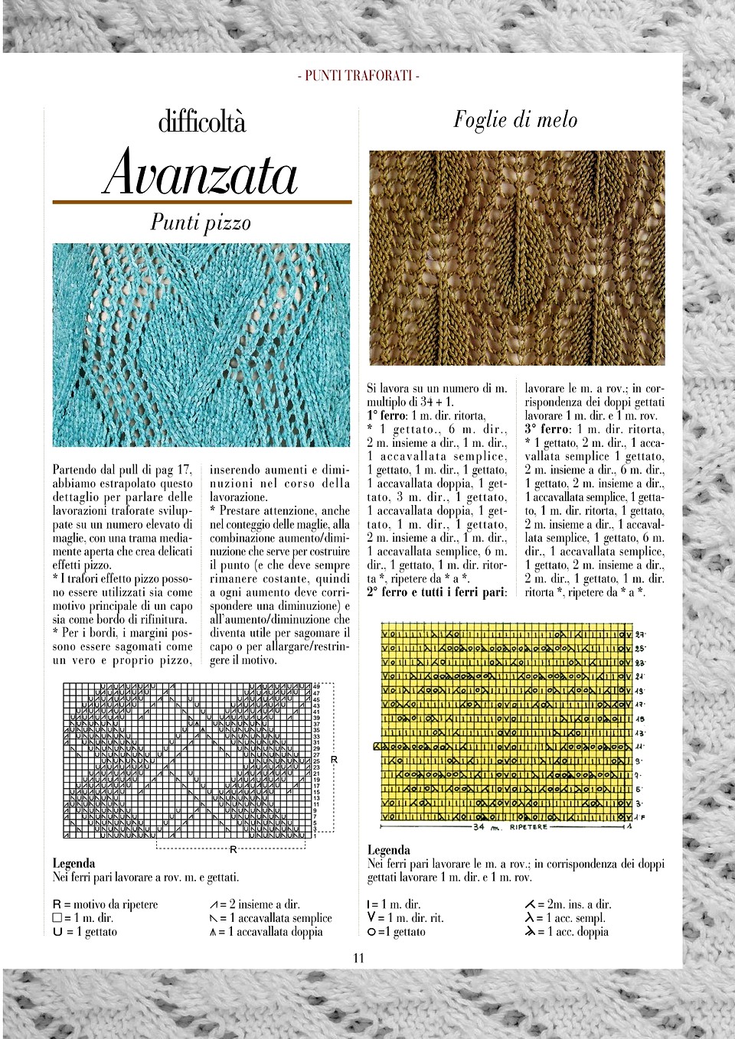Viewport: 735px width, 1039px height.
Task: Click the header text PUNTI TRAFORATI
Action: coord(357,76)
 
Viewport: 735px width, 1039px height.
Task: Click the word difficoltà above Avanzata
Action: coord(202,122)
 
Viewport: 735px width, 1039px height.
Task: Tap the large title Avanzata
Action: coord(201,174)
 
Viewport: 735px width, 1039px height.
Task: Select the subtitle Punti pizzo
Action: coord(201,223)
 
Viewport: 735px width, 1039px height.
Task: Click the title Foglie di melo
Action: coord(515,120)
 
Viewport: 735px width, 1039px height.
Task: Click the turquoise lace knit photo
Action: coord(201,344)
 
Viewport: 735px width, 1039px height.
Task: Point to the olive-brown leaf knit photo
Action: coord(517,257)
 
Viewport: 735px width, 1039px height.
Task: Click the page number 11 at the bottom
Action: coord(359,958)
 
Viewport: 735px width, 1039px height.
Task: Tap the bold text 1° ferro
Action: coord(389,415)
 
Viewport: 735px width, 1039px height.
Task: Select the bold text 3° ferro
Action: coord(547,429)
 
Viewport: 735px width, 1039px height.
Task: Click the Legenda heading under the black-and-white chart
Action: coord(73,864)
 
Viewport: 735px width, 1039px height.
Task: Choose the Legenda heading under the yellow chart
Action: coord(389,850)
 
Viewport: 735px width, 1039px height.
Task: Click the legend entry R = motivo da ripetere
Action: coord(105,904)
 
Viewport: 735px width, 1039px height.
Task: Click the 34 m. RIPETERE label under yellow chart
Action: coord(506,827)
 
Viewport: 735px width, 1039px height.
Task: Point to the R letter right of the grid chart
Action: coord(334,760)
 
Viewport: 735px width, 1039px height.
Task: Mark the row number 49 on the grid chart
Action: coord(315,686)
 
